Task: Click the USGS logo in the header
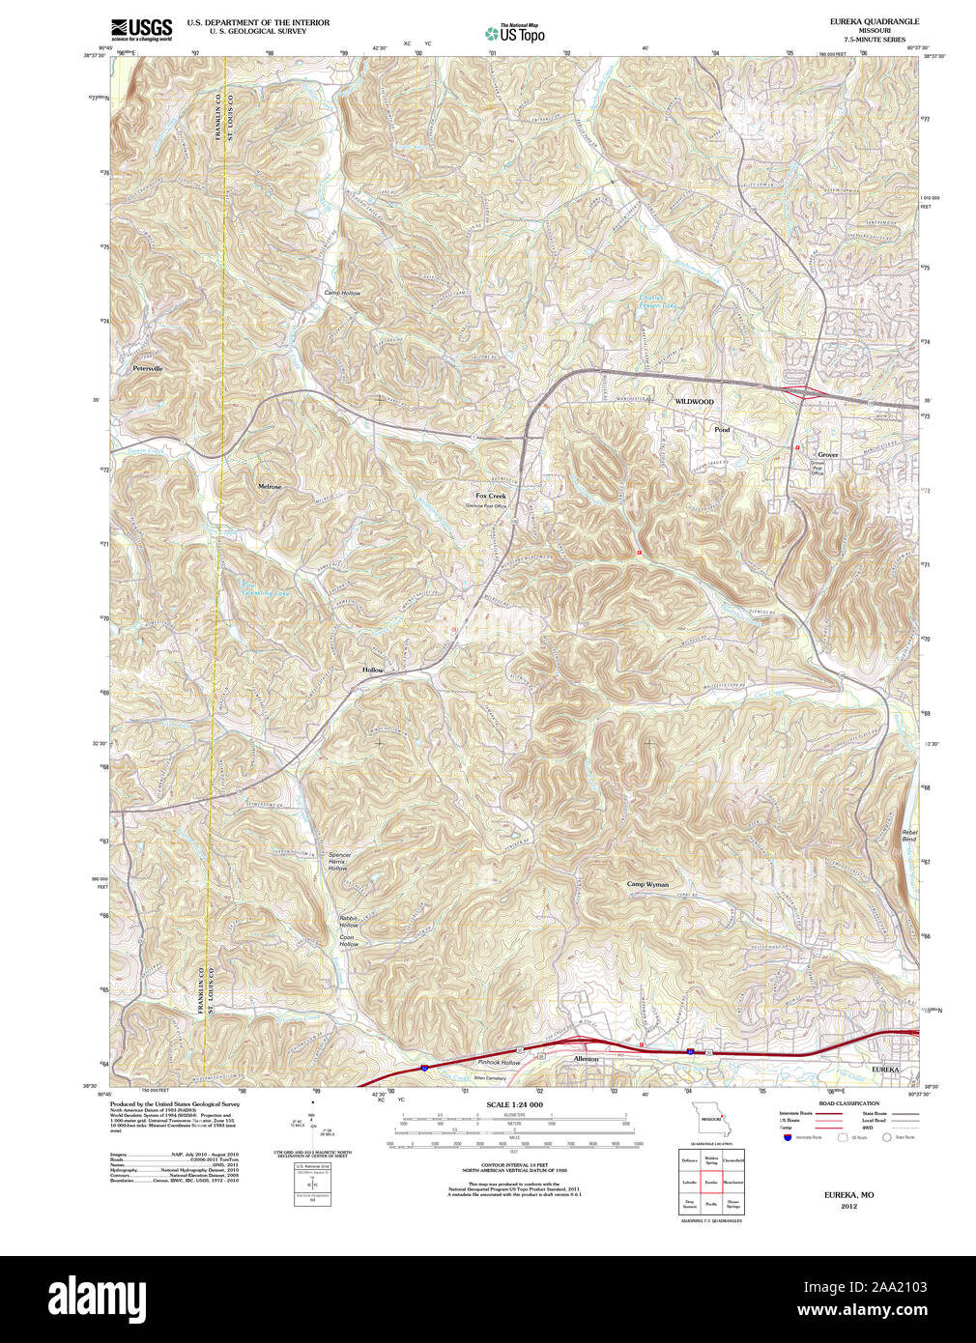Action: [141, 28]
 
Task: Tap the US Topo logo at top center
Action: [515, 33]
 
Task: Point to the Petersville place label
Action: [148, 369]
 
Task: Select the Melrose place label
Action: [270, 487]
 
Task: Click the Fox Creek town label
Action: [490, 496]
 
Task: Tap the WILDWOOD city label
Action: [694, 401]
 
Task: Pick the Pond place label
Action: [722, 429]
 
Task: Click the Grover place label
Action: [828, 454]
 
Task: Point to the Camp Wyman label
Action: [646, 884]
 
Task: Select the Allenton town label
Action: [586, 1059]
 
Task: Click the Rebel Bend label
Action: [909, 836]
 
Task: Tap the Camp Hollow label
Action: [341, 293]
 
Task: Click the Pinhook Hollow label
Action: [499, 1063]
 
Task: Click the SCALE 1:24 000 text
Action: [514, 1104]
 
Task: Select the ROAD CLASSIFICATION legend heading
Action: [848, 1103]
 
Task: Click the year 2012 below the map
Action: [848, 1206]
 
